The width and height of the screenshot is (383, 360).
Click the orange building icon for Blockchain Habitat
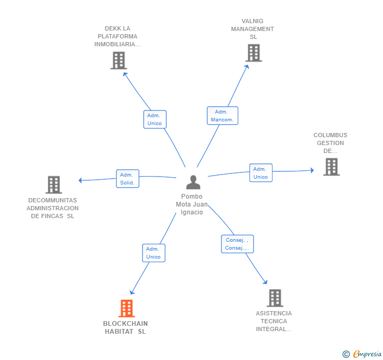[126, 308]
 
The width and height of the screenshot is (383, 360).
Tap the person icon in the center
[193, 182]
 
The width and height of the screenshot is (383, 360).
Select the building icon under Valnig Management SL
[254, 53]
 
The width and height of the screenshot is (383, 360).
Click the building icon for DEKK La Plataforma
[119, 60]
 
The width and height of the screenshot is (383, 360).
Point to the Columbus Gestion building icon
[331, 167]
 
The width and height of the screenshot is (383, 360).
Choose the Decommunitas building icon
[54, 184]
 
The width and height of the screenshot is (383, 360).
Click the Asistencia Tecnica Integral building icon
[275, 298]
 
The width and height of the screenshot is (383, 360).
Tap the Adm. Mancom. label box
[222, 116]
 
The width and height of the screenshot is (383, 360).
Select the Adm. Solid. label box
[127, 179]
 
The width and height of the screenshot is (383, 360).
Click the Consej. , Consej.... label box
[237, 244]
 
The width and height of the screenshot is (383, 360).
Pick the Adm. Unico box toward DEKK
[155, 119]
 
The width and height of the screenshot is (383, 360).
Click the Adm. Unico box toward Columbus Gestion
[260, 173]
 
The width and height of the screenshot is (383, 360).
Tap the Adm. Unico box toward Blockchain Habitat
[153, 253]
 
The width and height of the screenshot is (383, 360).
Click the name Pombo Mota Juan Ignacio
[192, 204]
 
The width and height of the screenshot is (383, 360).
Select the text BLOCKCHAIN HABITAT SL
[125, 327]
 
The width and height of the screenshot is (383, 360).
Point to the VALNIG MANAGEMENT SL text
[253, 29]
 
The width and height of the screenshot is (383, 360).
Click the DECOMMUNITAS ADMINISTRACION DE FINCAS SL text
[53, 208]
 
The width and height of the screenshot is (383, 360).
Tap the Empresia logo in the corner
[362, 354]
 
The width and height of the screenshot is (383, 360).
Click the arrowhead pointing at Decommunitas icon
[80, 180]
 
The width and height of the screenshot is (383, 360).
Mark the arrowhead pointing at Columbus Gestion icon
[311, 170]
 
